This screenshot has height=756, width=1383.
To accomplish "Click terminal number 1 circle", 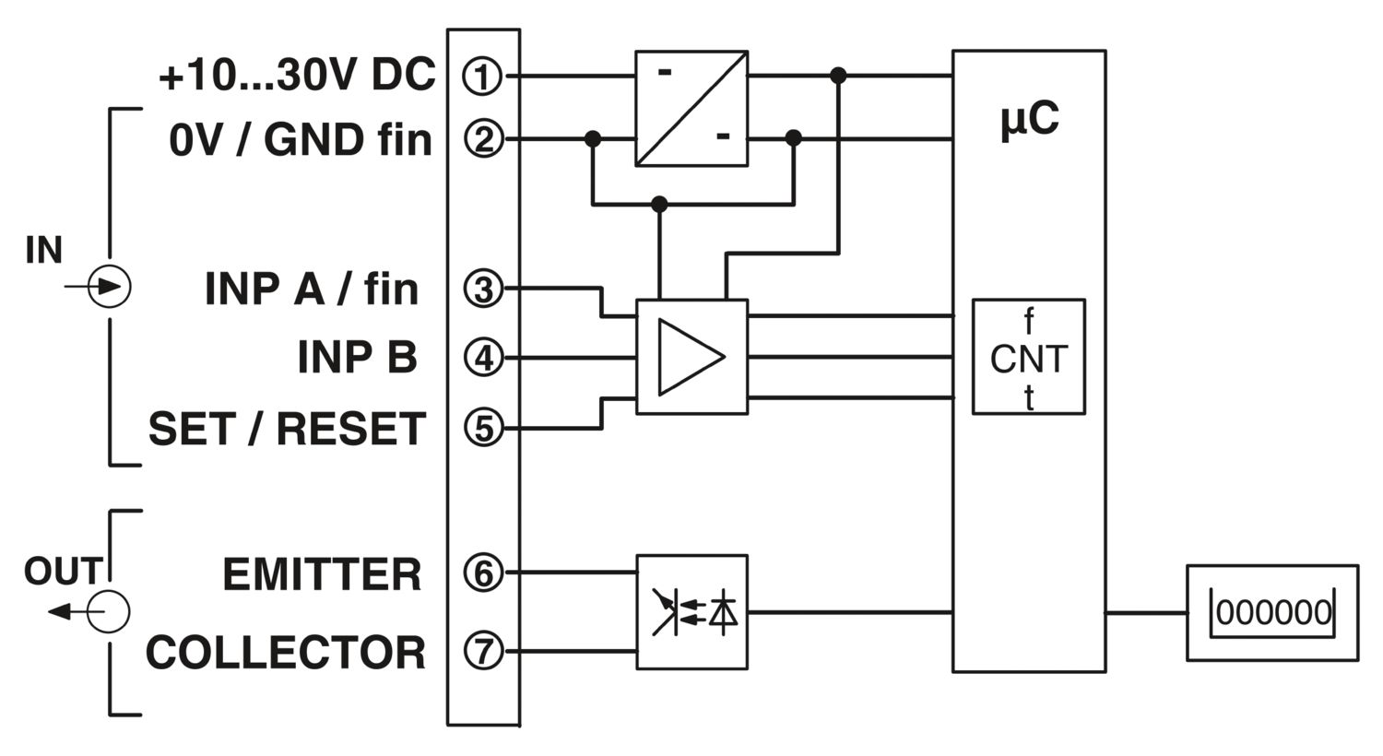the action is point(482,77).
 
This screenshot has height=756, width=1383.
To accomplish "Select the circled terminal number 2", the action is point(483,139).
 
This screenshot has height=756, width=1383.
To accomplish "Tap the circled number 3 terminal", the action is point(483,289).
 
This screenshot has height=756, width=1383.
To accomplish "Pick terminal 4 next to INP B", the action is point(483,358).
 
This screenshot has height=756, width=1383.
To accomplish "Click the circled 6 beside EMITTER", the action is point(483,573).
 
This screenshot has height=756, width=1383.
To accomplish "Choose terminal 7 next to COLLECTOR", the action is point(483,651).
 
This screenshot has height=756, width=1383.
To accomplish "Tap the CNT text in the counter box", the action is point(1029,359).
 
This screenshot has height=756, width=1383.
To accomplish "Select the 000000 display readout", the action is point(1273,613).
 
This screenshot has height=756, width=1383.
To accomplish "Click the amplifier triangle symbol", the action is point(691,357).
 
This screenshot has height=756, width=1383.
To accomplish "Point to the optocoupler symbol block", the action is point(692,612).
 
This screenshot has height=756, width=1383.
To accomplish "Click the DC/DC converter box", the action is point(692,109).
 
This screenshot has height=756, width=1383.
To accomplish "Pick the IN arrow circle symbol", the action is point(110,287).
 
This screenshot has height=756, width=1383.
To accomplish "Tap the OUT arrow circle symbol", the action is point(109,612).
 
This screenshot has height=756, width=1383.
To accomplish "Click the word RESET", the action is point(351,429).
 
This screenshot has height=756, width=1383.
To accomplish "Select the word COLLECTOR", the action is point(285,653).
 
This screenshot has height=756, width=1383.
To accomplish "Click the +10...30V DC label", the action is point(298,76).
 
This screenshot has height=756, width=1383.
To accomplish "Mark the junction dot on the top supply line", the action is point(838,76).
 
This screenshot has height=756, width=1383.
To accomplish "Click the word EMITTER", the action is point(322,574).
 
